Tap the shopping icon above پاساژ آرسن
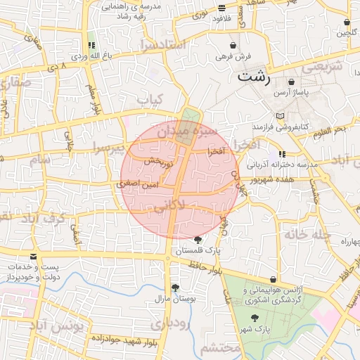(291, 82)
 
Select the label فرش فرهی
(233, 56)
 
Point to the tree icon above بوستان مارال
(175, 288)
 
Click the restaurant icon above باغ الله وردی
(91, 44)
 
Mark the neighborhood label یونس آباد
(60, 326)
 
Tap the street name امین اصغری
(143, 183)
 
